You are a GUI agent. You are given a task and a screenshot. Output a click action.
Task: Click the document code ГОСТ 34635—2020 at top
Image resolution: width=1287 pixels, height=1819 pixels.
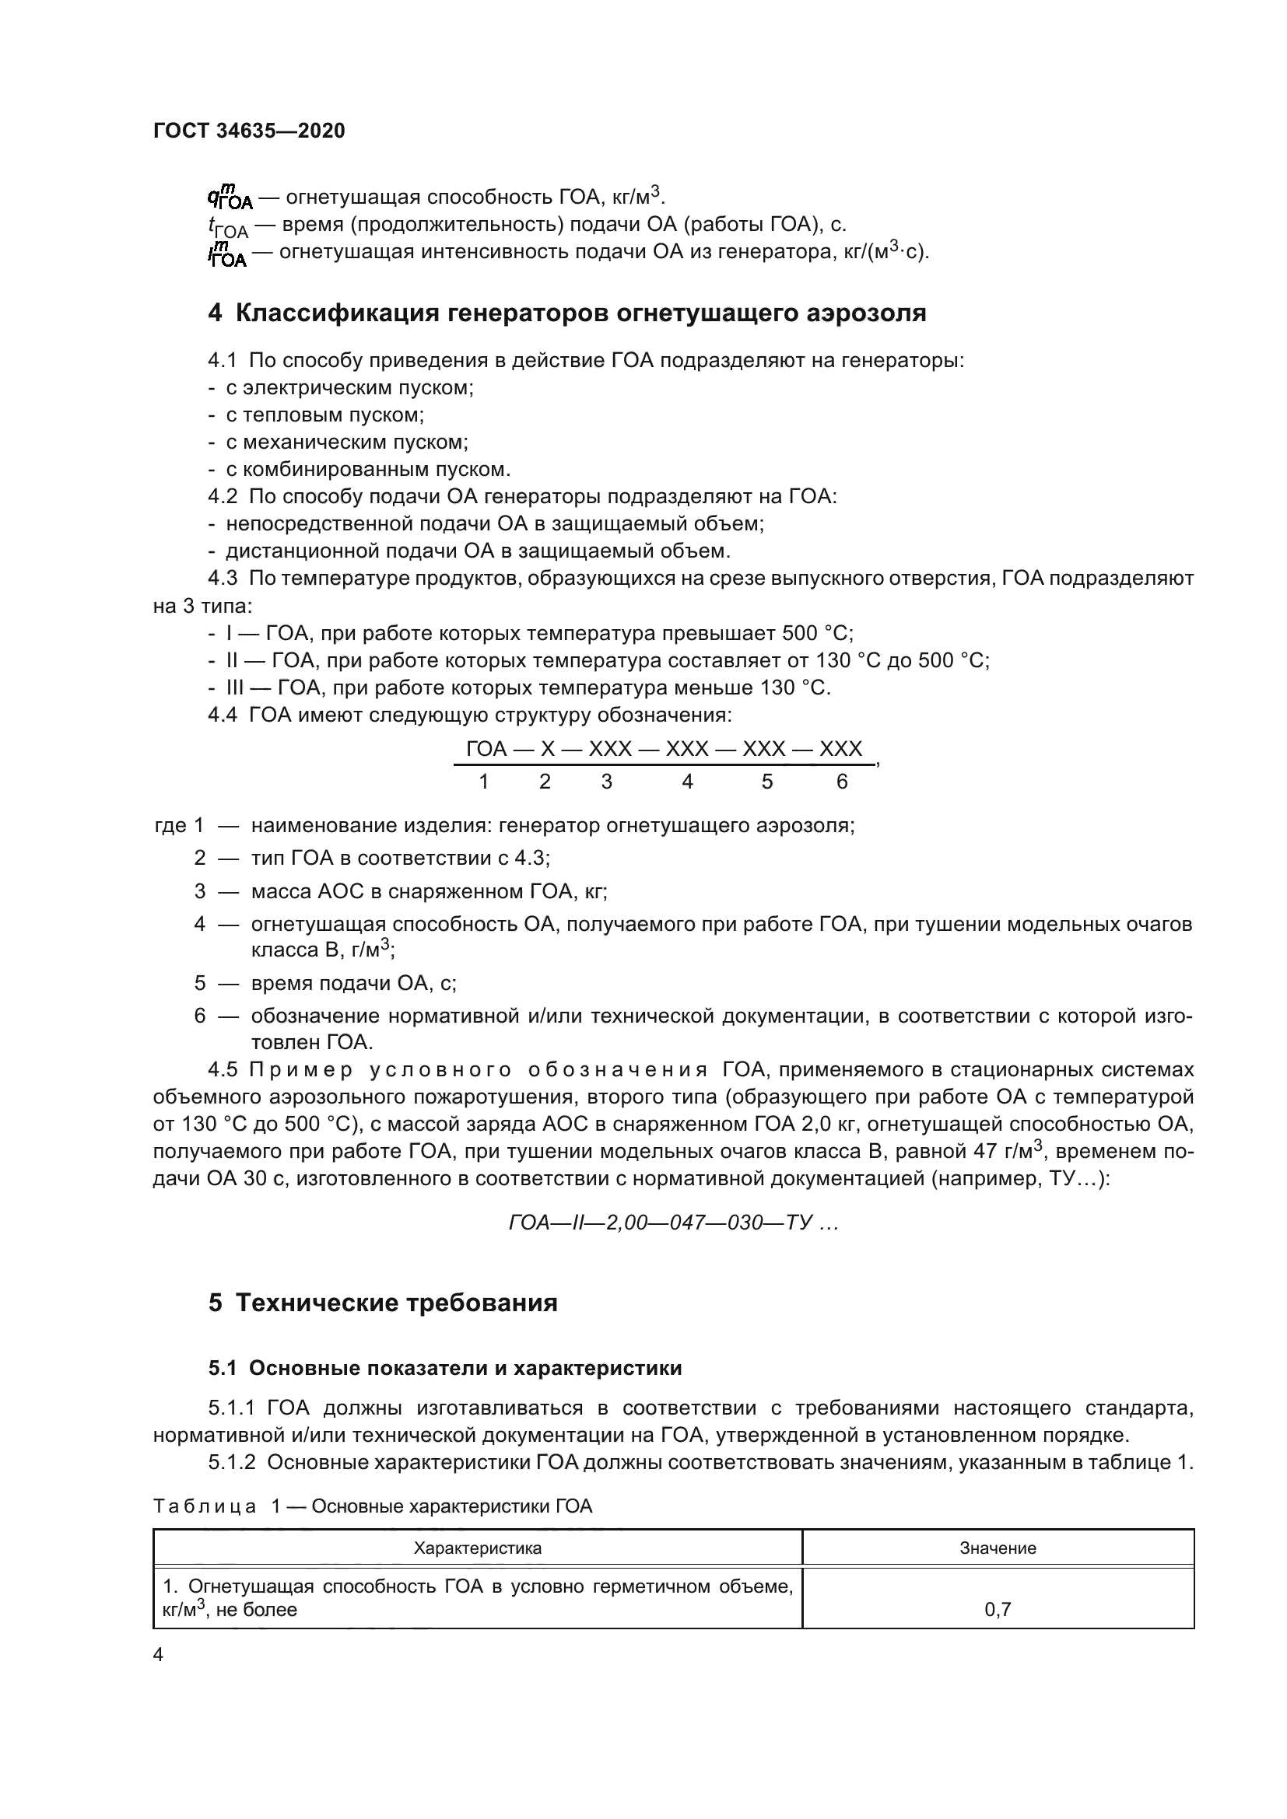click(x=249, y=131)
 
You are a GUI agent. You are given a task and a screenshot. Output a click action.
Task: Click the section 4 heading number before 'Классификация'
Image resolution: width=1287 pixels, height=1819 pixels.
click(x=215, y=313)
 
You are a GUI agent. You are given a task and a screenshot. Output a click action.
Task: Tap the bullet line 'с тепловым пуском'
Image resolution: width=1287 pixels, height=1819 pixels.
click(x=325, y=415)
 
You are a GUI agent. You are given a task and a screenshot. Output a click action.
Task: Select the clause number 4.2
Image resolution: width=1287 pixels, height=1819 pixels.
click(x=223, y=497)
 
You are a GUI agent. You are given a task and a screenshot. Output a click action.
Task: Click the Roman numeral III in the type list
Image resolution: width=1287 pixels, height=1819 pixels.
click(x=235, y=687)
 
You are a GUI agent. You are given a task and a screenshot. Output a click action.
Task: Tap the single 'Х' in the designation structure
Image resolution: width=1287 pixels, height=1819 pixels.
click(x=548, y=750)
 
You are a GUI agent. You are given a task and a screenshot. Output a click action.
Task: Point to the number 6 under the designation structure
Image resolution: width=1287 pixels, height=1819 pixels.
click(x=842, y=782)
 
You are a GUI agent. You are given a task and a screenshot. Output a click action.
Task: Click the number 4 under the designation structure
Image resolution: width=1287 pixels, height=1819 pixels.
click(x=687, y=782)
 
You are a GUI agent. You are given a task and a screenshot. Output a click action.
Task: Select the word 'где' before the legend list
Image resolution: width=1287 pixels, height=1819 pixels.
click(x=170, y=826)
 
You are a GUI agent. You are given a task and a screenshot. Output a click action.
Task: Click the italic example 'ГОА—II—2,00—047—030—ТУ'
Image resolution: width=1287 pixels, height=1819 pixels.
click(x=673, y=1223)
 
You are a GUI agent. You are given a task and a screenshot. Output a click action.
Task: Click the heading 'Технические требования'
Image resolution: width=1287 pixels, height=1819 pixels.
click(x=396, y=1303)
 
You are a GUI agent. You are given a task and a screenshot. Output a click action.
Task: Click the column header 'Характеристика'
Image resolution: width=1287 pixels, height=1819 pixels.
click(x=478, y=1548)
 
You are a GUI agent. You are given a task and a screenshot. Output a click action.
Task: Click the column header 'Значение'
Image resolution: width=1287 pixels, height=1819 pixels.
click(x=998, y=1548)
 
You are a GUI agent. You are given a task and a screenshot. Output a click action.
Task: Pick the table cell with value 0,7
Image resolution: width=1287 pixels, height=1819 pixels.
click(x=998, y=1609)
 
